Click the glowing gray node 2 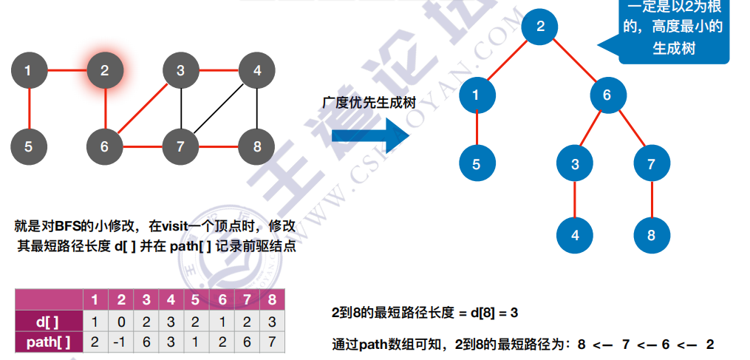point(104,71)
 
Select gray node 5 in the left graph point(28,146)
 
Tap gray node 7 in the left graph point(180,146)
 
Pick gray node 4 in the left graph point(256,71)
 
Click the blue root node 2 point(540,27)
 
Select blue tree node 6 point(607,95)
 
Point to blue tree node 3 point(575,165)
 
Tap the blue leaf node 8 point(651,236)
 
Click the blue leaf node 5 point(476,165)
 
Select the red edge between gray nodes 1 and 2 point(67,71)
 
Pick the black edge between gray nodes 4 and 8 point(256,109)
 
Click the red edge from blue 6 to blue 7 point(630,130)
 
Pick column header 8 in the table point(273,300)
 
